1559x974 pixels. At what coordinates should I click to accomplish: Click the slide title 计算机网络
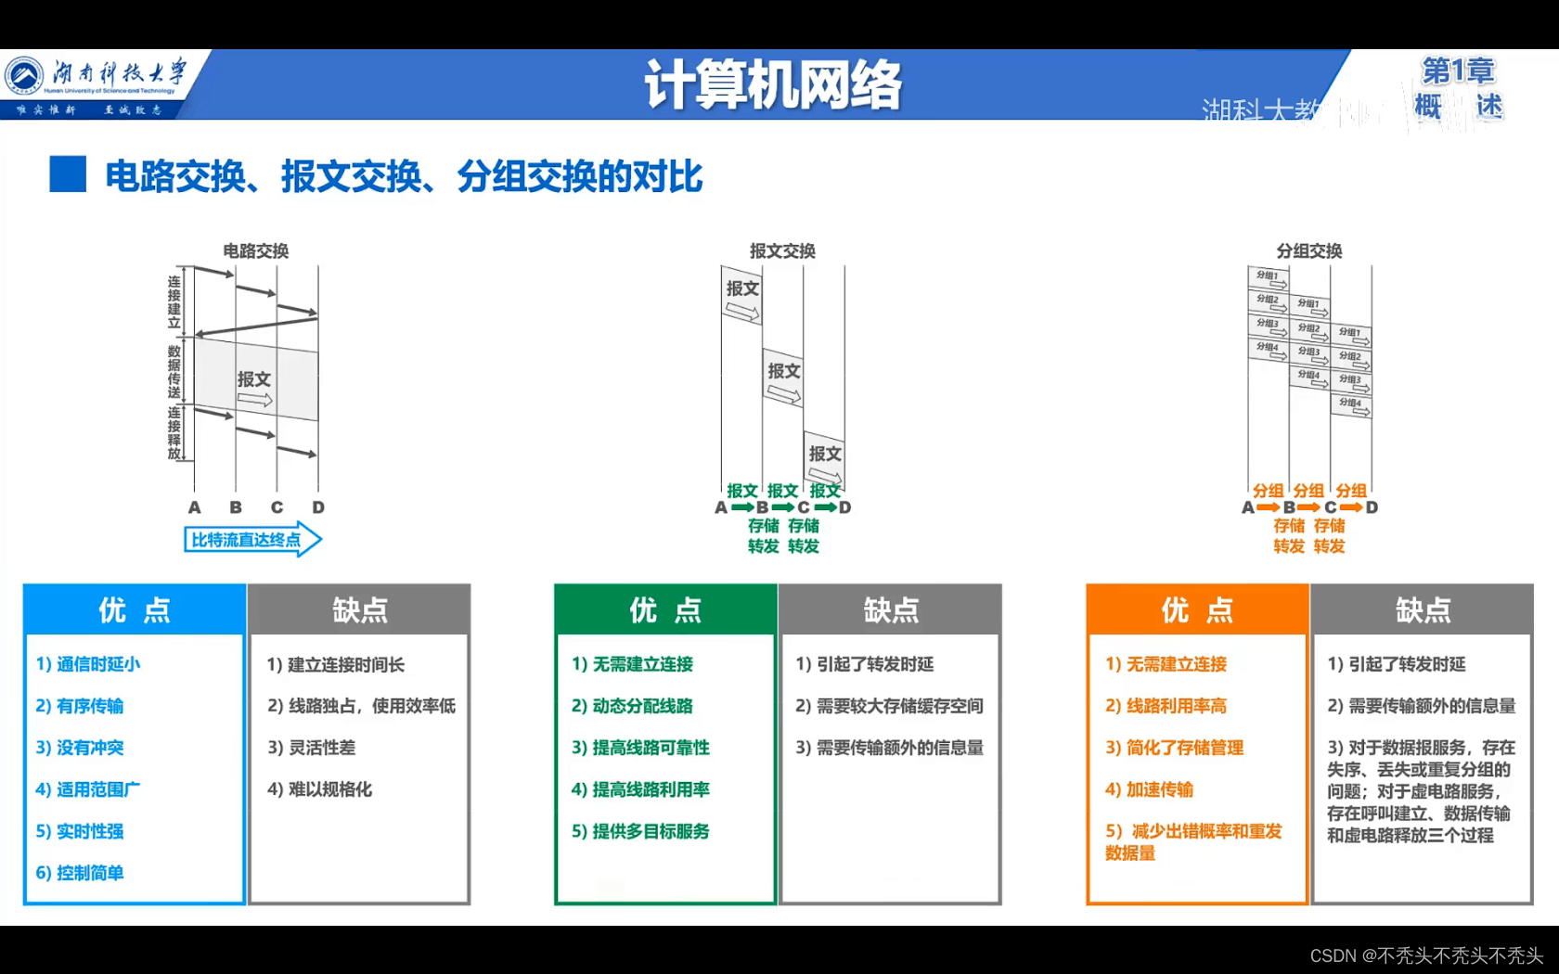[x=773, y=85]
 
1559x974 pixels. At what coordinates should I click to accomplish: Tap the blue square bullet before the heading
[x=68, y=174]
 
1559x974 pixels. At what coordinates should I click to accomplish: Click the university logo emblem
[x=24, y=75]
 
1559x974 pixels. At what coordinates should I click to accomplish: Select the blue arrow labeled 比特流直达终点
[x=251, y=540]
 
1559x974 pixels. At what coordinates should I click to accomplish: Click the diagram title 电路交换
[x=255, y=251]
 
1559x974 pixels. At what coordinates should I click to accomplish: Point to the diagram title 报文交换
[x=782, y=251]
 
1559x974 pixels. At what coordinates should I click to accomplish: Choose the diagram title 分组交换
[x=1308, y=251]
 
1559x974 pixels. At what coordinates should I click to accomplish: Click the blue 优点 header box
[x=135, y=609]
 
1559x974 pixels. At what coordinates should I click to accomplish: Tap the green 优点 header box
[x=665, y=609]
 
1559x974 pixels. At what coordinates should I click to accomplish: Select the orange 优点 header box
[x=1197, y=609]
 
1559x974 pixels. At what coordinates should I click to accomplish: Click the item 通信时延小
[x=88, y=664]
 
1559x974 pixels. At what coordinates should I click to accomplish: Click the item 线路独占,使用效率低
[x=361, y=706]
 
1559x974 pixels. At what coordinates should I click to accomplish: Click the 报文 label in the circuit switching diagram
[x=253, y=379]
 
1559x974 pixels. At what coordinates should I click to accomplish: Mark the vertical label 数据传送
[x=174, y=371]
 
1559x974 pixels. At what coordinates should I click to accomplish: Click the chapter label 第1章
[x=1458, y=70]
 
